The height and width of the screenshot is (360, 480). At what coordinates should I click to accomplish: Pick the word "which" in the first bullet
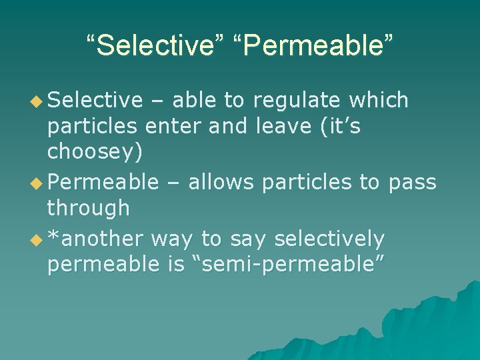(x=379, y=101)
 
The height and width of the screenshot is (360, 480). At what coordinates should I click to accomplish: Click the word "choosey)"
(x=95, y=153)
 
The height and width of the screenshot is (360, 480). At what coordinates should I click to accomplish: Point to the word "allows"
(x=221, y=182)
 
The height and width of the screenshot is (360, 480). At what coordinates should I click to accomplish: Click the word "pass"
(x=413, y=183)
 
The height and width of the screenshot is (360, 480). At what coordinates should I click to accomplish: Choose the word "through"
(x=88, y=208)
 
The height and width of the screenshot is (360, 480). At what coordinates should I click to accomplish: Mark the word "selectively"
(x=329, y=239)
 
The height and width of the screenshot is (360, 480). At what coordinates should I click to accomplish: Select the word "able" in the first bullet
(x=193, y=101)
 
